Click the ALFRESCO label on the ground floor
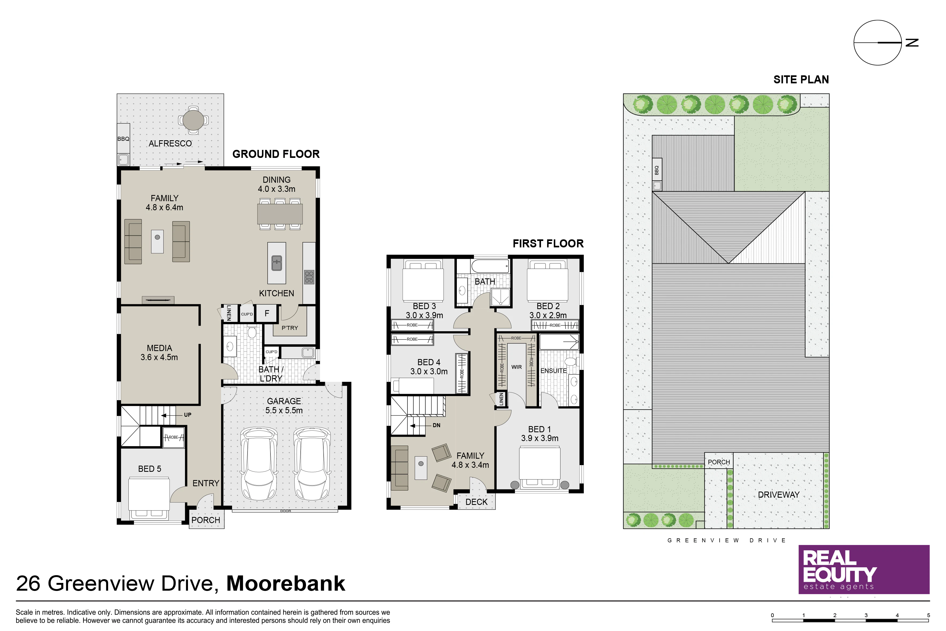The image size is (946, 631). coord(170,143)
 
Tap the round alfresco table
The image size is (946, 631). coord(194,119)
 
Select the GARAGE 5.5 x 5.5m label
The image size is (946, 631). coord(284,406)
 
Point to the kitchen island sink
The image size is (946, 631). coord(277,263)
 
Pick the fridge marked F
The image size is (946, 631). coord(267,313)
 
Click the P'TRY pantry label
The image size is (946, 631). coord(290,328)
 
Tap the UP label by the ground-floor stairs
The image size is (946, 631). coord(187,415)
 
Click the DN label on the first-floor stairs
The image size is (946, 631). coord(436,425)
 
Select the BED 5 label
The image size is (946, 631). coord(150,469)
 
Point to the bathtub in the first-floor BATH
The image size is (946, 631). coord(490,266)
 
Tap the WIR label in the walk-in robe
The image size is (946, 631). coord(516,367)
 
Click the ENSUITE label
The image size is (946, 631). coord(554,371)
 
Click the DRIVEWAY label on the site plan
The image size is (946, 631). coord(779,494)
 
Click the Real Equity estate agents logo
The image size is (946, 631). coord(864,570)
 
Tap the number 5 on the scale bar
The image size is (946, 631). coord(928,615)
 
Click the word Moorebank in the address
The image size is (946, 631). coord(286,583)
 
